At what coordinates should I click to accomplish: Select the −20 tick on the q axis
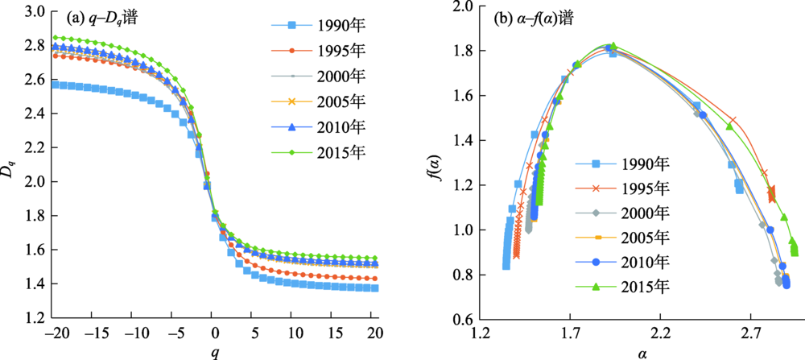(x=56, y=333)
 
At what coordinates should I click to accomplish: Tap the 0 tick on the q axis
(x=213, y=333)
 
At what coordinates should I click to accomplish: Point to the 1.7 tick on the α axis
(x=571, y=333)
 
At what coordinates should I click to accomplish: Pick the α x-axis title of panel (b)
(x=642, y=351)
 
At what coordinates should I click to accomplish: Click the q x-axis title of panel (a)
(x=213, y=351)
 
